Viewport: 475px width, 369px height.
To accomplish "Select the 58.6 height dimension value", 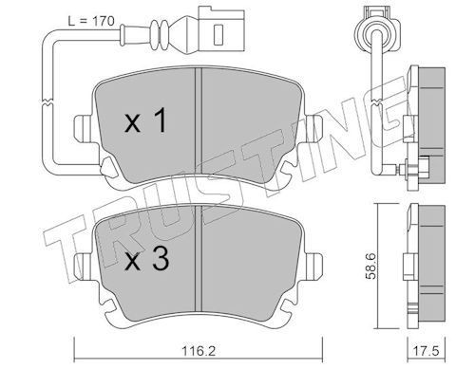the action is pos(370,266).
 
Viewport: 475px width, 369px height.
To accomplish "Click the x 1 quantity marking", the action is pos(145,120).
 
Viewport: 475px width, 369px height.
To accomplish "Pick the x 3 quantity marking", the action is pos(146,259).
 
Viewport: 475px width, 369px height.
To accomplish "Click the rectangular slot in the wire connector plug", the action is pos(218,34).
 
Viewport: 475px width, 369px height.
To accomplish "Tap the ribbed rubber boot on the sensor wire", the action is pos(161,34).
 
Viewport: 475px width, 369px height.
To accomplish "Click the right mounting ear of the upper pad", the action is pos(313,128).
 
